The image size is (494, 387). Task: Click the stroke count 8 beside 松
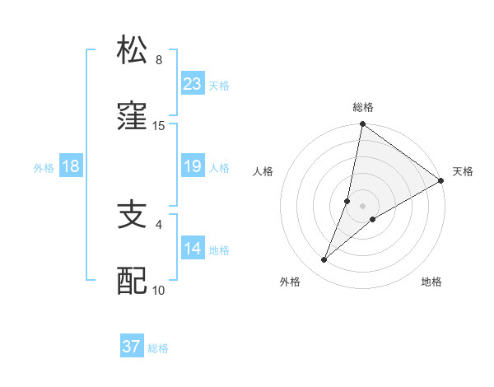tap(158, 60)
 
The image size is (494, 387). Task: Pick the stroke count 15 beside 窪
tap(159, 126)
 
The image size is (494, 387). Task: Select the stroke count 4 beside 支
tap(159, 224)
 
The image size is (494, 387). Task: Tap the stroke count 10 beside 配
tap(159, 290)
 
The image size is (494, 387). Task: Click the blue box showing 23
tap(193, 84)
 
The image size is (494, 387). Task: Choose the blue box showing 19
tap(193, 166)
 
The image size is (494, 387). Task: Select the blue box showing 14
tap(193, 249)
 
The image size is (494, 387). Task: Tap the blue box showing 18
tap(71, 166)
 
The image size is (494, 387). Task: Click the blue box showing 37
tap(132, 347)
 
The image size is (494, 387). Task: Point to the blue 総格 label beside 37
tap(158, 348)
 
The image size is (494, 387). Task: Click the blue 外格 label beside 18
tap(44, 168)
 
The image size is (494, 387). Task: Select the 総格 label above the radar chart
tap(363, 108)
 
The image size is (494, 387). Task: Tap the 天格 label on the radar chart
tap(463, 171)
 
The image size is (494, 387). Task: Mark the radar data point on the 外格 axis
tap(324, 260)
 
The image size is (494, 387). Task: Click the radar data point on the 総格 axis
tap(362, 125)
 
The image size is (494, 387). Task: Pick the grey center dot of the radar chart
tap(362, 205)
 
